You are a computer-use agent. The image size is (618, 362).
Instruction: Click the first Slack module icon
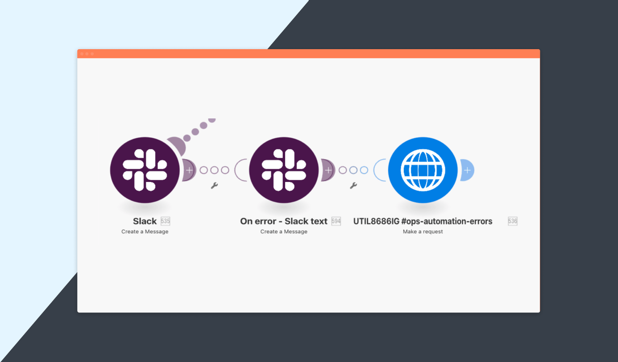tap(145, 170)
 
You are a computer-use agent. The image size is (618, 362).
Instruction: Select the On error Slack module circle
tap(284, 170)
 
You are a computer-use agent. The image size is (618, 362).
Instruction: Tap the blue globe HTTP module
tap(423, 170)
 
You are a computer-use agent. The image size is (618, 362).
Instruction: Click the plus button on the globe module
tap(467, 170)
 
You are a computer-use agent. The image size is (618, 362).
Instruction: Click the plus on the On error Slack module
tap(328, 170)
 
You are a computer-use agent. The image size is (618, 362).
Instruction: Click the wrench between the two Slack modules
tap(214, 185)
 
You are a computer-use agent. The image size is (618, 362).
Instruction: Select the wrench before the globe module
tap(353, 185)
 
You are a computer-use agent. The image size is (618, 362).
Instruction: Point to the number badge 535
tap(166, 221)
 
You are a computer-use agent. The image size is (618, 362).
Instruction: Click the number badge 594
tap(336, 221)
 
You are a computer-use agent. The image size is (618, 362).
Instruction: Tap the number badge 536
tap(513, 221)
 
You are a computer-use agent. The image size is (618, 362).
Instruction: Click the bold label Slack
tap(145, 221)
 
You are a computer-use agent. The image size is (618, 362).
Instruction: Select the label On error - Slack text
tap(284, 221)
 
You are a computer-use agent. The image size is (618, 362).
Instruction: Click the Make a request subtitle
tap(423, 232)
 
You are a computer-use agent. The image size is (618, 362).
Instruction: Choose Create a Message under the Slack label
tap(145, 232)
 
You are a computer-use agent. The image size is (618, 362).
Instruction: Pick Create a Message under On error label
tap(284, 232)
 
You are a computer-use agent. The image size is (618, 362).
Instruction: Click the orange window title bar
tap(308, 54)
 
